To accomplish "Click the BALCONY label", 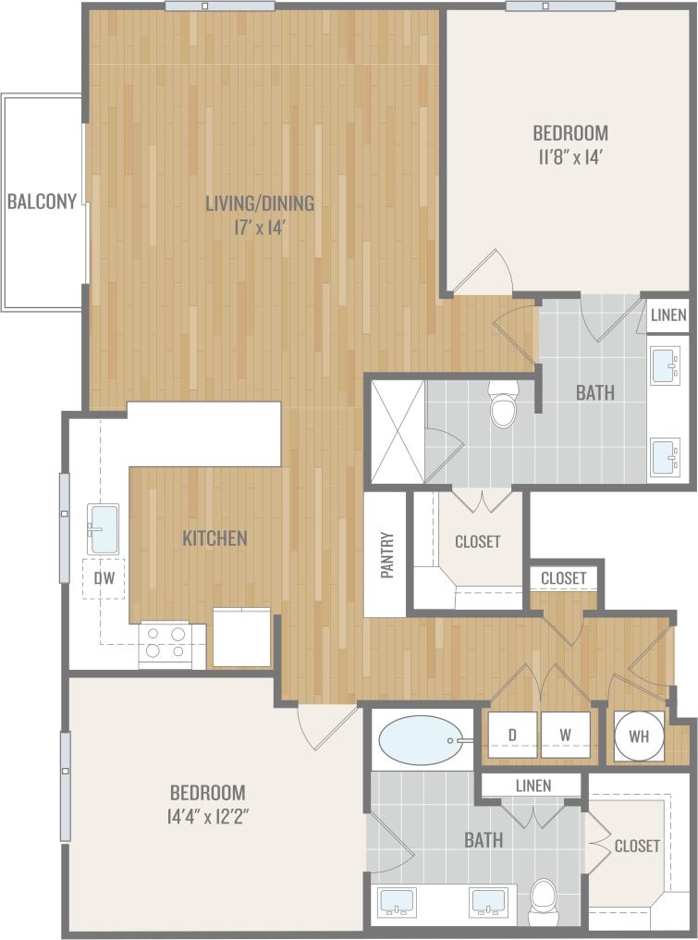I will tap(42, 201).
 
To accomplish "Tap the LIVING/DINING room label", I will tap(260, 203).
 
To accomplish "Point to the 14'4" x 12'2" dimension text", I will tap(208, 816).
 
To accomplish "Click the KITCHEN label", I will tap(214, 538).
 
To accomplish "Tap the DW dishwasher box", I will tap(104, 578).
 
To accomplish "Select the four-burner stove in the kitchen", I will tap(172, 643).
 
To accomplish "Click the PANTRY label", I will tap(387, 554).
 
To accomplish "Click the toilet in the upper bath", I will tap(504, 408).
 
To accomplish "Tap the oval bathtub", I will tap(421, 740).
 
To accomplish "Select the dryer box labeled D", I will tap(512, 736).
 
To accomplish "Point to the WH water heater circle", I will tap(639, 736).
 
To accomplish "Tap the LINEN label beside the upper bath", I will tap(667, 315).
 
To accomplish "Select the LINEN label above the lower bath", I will tap(533, 785).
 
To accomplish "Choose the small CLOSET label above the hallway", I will tap(564, 578).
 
